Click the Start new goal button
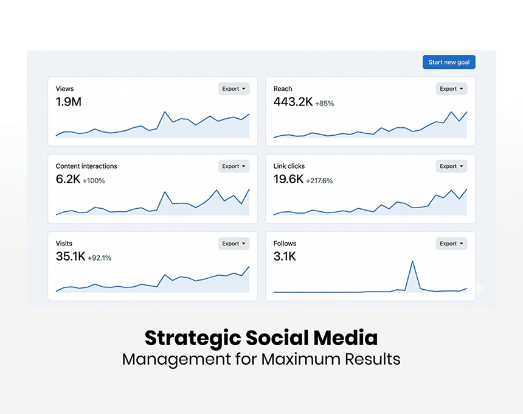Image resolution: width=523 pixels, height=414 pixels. pos(449,62)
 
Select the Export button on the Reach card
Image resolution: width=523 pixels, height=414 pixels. pos(451,89)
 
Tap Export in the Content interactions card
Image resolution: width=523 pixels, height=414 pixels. pos(234,166)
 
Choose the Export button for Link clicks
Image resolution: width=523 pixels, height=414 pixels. pos(451,166)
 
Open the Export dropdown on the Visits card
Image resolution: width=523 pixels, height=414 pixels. pos(234,244)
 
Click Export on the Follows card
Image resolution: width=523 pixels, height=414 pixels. pos(451,244)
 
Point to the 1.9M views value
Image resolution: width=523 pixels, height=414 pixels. pos(68,102)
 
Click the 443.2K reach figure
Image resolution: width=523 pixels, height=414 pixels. pos(293,102)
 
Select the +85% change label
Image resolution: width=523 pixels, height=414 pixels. pos(325,103)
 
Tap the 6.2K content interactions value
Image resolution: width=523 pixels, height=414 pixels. pos(68,180)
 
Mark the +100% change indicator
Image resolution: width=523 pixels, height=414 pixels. pos(94,181)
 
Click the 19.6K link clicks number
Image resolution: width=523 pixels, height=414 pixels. pos(288,180)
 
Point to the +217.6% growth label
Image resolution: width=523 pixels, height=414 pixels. pos(319,181)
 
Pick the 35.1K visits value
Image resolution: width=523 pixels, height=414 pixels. pos(70,257)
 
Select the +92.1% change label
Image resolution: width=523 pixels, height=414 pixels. pos(100,258)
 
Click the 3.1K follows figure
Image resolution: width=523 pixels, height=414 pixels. pos(285,257)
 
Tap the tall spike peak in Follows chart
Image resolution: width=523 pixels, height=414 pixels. pos(412,262)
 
